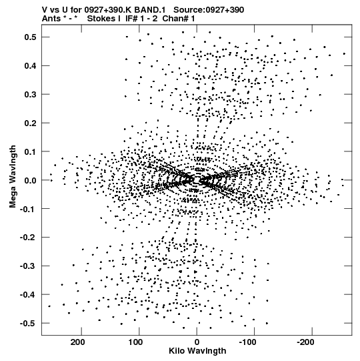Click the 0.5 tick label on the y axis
coord(31,37)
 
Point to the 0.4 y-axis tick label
coord(31,66)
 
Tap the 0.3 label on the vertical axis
coord(31,94)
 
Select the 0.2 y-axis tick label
coord(31,123)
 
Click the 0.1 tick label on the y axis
coord(31,151)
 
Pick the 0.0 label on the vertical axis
coord(31,180)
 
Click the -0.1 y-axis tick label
coord(28,209)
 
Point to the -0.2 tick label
coord(28,238)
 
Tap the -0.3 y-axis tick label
coord(28,266)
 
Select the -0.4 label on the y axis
coord(28,295)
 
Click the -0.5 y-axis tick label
coord(28,324)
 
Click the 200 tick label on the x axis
coord(78,342)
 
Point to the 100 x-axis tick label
coord(135,342)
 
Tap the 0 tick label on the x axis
coord(197,342)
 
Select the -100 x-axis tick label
coord(247,342)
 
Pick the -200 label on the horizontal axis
coord(305,342)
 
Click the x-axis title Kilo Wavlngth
coord(197,351)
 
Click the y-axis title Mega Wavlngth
coord(13,177)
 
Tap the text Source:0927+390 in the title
coord(209,10)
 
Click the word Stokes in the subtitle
coord(101,19)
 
